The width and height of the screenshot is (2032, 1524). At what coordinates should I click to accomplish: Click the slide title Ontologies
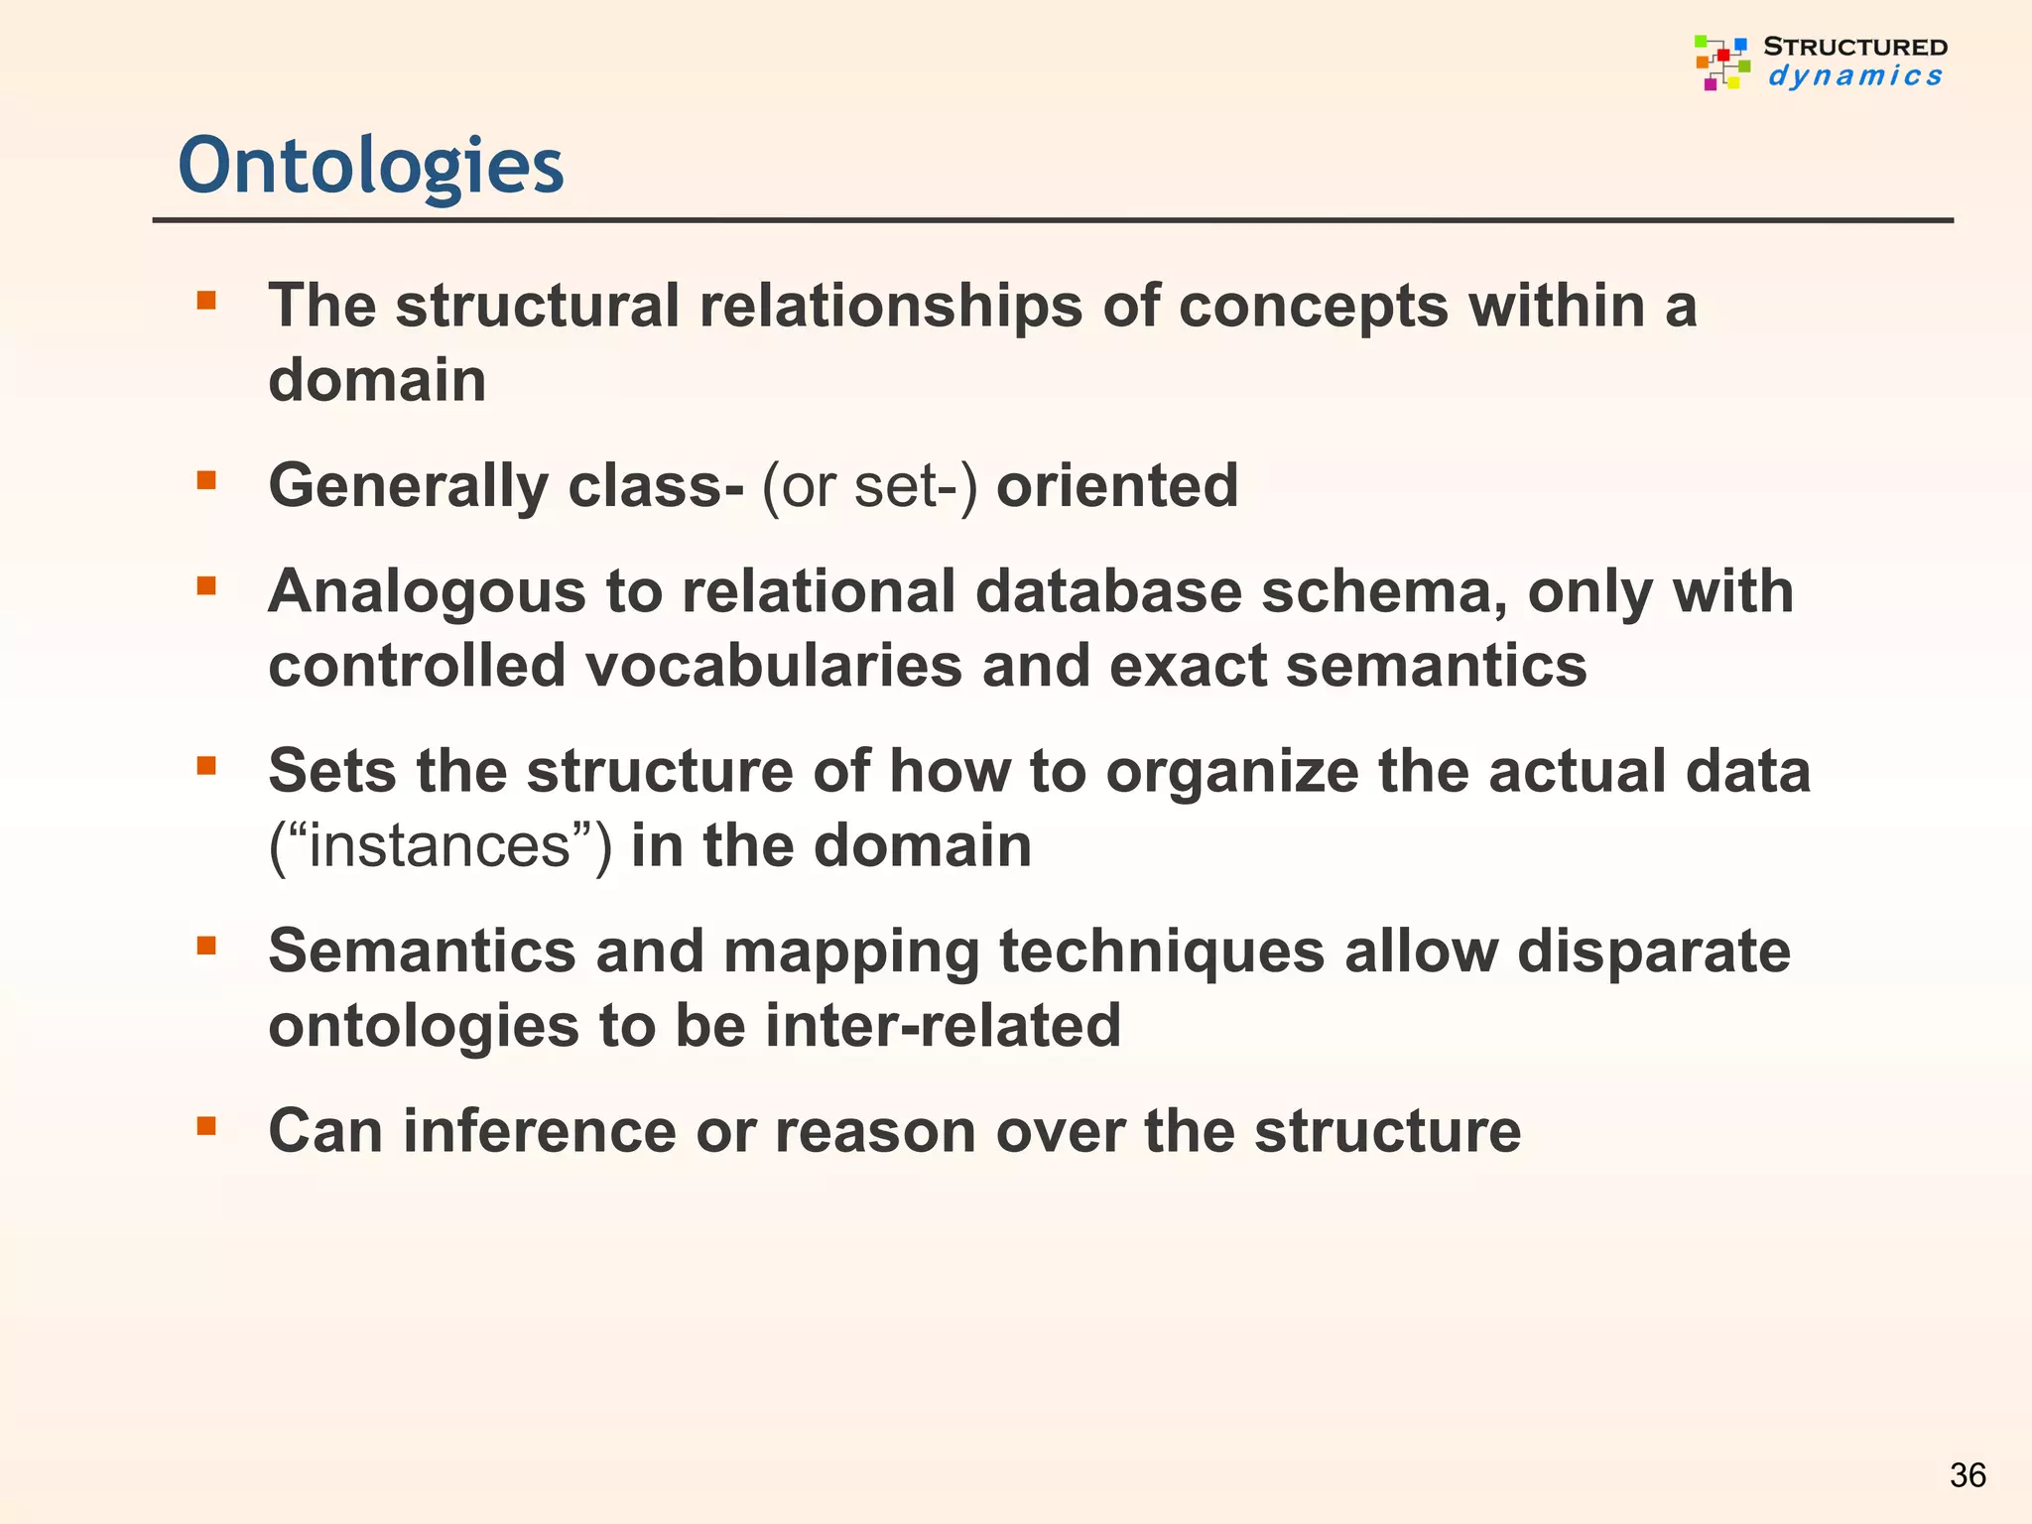[370, 166]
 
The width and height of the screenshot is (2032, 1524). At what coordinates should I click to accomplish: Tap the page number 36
[1968, 1475]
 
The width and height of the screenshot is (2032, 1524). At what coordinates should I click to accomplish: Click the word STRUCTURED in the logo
[1854, 47]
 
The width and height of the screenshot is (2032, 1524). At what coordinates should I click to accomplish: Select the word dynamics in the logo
[1854, 76]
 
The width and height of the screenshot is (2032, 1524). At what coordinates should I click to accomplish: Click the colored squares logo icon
[1721, 63]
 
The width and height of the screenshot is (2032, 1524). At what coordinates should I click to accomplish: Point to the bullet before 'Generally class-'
[206, 481]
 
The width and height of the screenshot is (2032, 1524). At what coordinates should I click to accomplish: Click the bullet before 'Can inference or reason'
[206, 1126]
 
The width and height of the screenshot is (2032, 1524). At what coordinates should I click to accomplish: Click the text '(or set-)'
[869, 486]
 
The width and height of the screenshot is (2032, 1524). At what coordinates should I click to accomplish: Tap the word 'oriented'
[1117, 486]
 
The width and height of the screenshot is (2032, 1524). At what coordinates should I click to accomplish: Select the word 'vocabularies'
[773, 666]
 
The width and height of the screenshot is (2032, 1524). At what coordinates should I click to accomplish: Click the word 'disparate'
[1653, 952]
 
